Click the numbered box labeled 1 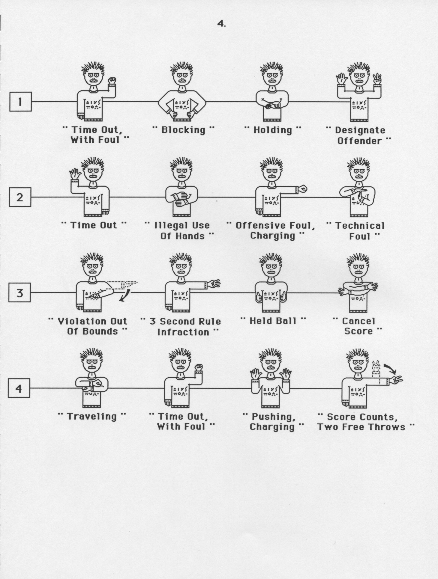click(20, 102)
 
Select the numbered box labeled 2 click(20, 197)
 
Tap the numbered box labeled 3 click(19, 292)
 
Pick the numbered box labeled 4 click(19, 388)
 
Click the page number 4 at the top click(221, 24)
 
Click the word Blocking click(183, 130)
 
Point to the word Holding click(272, 130)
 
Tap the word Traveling click(91, 417)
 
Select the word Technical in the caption click(359, 226)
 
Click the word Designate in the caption click(360, 130)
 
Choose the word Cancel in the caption click(358, 321)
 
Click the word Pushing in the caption click(273, 417)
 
